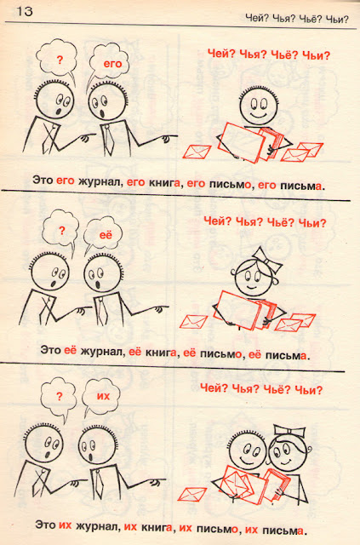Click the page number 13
[x=25, y=11]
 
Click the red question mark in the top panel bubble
[x=60, y=60]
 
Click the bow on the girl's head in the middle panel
[x=267, y=260]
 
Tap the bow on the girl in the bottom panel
[x=289, y=432]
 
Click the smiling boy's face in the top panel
[x=259, y=106]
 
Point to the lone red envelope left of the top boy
[x=197, y=152]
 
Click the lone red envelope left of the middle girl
[x=193, y=322]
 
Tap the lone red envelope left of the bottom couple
[x=192, y=494]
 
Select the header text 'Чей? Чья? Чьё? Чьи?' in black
[x=296, y=18]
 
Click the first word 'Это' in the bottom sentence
[x=45, y=525]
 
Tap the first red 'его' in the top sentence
[x=66, y=181]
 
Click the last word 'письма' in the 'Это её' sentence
[x=286, y=356]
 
